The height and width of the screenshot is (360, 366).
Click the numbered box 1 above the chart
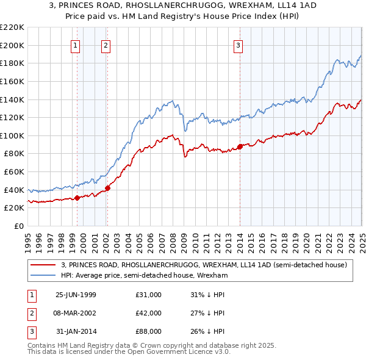click(75, 45)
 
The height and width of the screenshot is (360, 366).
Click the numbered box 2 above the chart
click(106, 45)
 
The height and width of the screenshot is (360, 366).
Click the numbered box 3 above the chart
click(238, 45)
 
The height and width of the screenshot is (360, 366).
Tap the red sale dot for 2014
click(240, 146)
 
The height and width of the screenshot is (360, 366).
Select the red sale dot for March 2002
click(107, 188)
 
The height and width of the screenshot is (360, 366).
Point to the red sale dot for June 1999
click(77, 198)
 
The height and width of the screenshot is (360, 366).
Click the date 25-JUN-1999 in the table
click(76, 294)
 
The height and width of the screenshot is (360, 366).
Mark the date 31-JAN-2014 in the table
click(76, 332)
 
